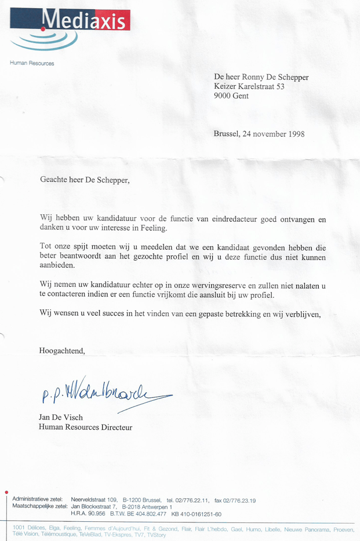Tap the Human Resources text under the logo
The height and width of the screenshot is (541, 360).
32,63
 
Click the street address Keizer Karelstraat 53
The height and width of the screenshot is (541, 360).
249,86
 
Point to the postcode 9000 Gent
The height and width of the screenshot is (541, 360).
231,96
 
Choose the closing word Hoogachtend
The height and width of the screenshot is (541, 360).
61,350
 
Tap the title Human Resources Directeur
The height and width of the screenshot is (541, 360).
85,427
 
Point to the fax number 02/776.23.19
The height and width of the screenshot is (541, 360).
239,500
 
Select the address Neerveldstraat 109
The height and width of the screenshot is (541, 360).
94,500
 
